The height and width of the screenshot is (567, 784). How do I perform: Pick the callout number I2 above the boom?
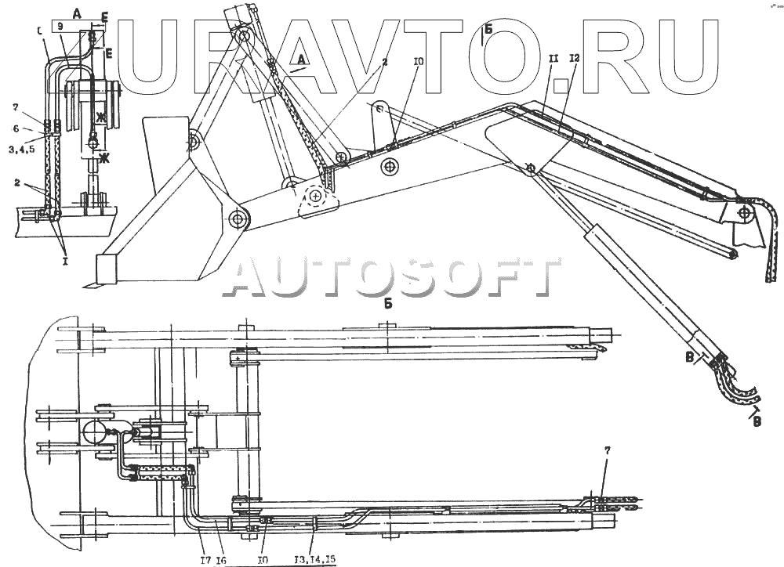pyautogui.click(x=575, y=59)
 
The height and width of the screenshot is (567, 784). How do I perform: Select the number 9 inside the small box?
pyautogui.click(x=61, y=26)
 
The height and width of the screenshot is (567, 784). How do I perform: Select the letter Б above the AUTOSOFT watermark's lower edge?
pyautogui.click(x=388, y=305)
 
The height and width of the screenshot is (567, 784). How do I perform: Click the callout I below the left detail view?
pyautogui.click(x=64, y=262)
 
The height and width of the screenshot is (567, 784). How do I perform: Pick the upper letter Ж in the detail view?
pyautogui.click(x=100, y=117)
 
